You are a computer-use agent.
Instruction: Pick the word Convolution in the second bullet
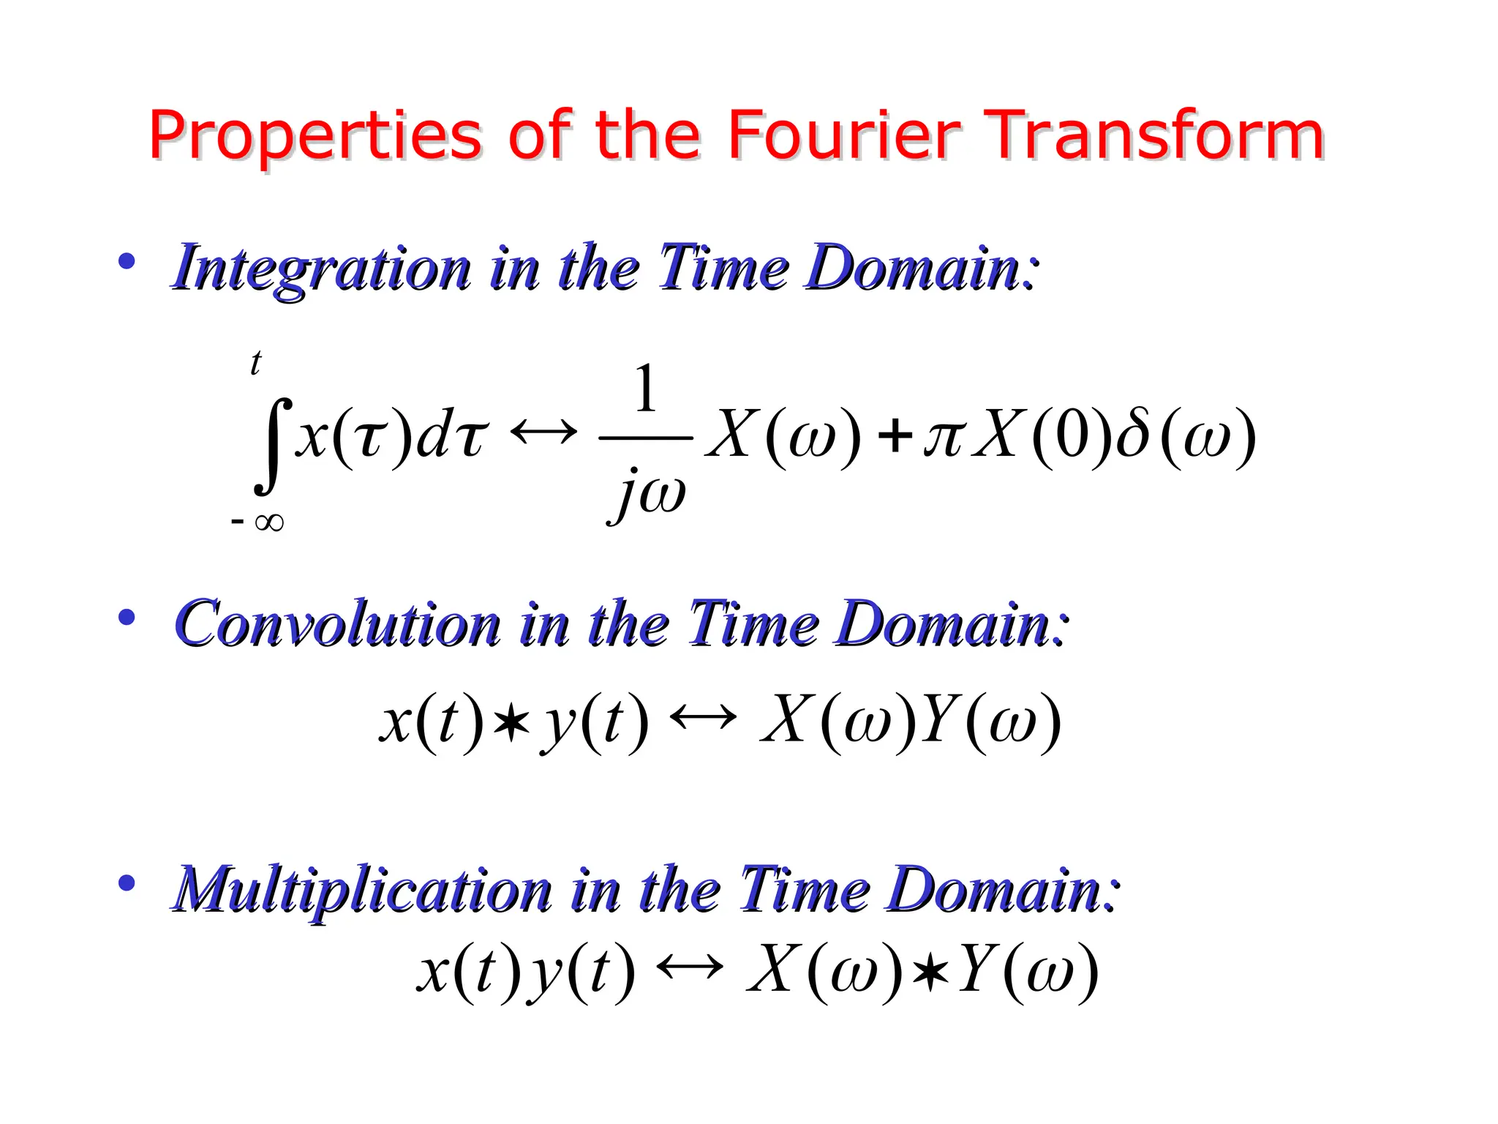point(337,624)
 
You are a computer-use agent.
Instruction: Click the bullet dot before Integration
point(127,261)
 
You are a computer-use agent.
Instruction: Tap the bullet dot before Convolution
point(127,618)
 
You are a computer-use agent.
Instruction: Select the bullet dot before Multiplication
point(127,883)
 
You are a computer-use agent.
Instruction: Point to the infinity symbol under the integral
point(268,522)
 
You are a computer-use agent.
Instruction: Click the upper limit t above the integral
point(255,363)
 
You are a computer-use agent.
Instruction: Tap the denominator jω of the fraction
point(648,493)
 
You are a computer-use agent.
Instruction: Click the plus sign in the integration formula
point(895,437)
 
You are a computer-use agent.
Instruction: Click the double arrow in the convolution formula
point(703,718)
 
